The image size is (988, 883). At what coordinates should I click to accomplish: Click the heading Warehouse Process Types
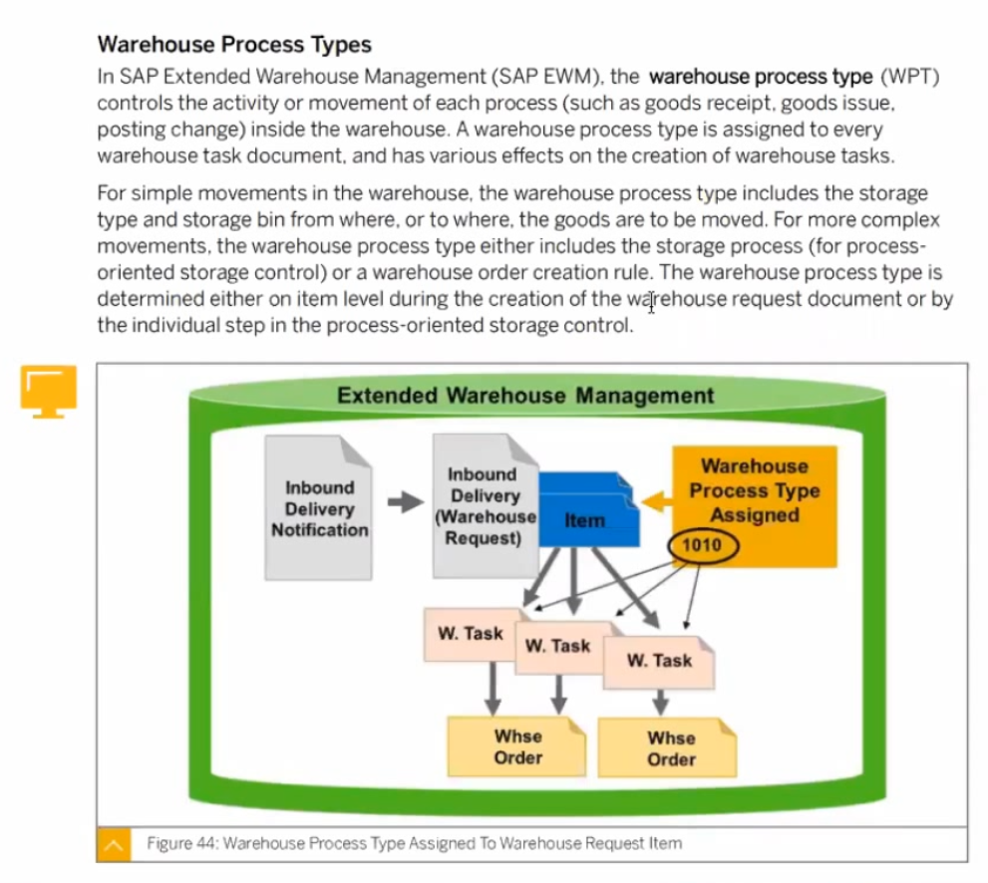point(234,44)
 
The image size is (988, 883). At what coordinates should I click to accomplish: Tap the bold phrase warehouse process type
point(761,76)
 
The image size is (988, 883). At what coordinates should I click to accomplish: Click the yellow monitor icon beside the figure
point(49,391)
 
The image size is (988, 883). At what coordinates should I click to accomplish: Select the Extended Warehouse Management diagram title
point(525,396)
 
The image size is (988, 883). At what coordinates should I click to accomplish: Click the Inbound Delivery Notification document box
point(319,507)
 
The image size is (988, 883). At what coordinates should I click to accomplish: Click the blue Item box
point(588,509)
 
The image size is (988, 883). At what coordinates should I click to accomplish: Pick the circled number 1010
point(703,544)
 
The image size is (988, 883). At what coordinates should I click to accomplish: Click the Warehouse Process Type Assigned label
point(755,490)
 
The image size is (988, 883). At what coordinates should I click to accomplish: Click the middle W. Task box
point(559,648)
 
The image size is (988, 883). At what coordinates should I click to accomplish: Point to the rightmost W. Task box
point(659,662)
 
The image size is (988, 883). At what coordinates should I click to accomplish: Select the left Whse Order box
point(516,746)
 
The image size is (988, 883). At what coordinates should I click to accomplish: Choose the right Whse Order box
point(667,747)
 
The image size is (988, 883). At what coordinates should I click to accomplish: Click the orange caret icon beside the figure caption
point(114,844)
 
